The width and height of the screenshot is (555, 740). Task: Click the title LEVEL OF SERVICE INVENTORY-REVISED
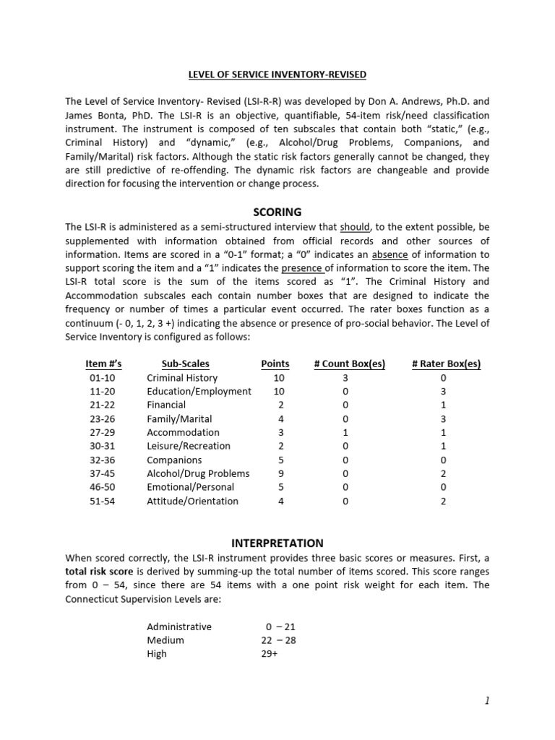click(x=277, y=74)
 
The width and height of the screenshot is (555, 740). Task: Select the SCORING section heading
click(x=277, y=212)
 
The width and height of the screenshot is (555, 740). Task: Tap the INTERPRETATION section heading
click(x=277, y=543)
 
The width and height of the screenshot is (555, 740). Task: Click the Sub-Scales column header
click(x=185, y=363)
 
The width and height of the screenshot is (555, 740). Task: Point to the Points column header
click(x=275, y=363)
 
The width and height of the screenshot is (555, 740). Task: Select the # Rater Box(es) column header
click(x=446, y=363)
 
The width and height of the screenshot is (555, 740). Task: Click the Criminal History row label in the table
click(x=181, y=378)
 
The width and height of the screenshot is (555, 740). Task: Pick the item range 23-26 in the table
click(x=98, y=419)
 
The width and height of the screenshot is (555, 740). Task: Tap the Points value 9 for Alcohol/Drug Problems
click(x=281, y=474)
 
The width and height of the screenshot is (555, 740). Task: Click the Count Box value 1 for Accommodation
click(x=345, y=433)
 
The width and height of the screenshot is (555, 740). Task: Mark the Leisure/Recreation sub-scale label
click(x=188, y=447)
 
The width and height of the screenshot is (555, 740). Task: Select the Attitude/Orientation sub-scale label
click(x=192, y=502)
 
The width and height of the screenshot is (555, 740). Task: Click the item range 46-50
click(x=98, y=488)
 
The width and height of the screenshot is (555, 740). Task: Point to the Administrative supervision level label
click(x=179, y=627)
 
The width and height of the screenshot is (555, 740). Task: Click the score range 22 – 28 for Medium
click(x=278, y=640)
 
